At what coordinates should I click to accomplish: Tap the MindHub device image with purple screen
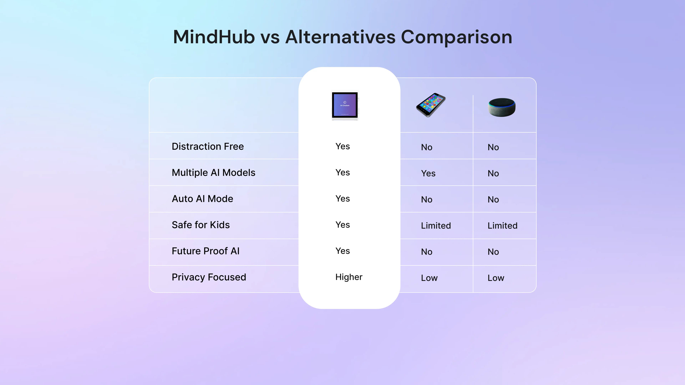tap(345, 105)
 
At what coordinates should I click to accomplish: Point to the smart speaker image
tap(502, 107)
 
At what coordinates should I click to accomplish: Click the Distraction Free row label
tap(208, 146)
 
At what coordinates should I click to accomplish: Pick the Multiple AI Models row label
tap(213, 173)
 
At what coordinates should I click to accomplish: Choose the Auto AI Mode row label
tap(202, 199)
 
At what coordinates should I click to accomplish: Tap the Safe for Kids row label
tap(201, 225)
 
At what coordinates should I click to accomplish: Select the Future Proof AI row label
tap(205, 251)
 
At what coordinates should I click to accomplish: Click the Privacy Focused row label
tap(209, 277)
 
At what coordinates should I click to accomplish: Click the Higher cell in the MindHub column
tap(349, 277)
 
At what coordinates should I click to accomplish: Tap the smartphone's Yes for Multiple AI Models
tap(428, 173)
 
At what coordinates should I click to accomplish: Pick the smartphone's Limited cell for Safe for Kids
tap(436, 226)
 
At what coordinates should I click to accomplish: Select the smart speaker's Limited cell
tap(502, 226)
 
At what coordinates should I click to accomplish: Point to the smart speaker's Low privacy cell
tap(496, 278)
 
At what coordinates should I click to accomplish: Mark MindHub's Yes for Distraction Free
tap(342, 146)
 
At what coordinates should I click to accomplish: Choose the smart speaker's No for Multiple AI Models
tap(493, 173)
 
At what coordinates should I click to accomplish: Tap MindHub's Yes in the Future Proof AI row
tap(342, 251)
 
